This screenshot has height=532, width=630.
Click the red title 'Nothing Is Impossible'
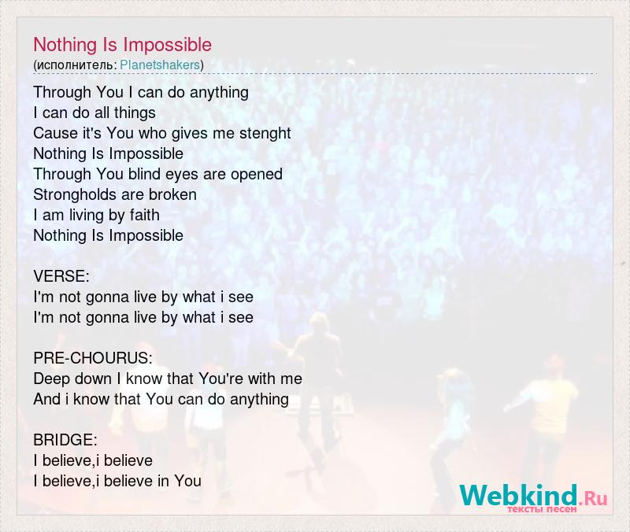click(123, 45)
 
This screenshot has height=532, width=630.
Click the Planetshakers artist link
click(160, 65)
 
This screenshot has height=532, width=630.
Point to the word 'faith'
click(145, 215)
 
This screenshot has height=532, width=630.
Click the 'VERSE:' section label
click(61, 276)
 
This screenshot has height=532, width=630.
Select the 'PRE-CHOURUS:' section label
click(93, 358)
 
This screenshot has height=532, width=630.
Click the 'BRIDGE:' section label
click(65, 440)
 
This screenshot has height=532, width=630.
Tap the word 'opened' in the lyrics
click(257, 175)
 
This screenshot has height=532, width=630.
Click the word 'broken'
click(172, 194)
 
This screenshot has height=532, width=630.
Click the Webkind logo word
click(518, 495)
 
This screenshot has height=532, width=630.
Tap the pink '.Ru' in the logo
click(594, 498)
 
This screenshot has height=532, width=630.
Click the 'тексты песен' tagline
click(542, 509)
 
